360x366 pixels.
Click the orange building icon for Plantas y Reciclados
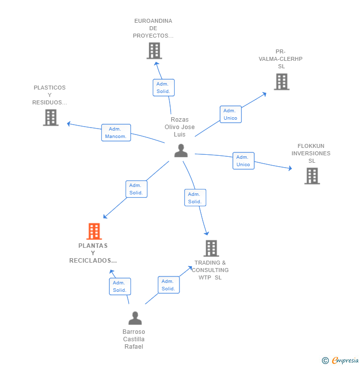coord(94,231)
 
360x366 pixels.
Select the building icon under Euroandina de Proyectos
coord(154,50)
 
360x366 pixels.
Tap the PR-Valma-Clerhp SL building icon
coord(281,82)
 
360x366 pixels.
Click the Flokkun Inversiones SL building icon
coord(312,176)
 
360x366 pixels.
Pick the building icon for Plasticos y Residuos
coord(50,118)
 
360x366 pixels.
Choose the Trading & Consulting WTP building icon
coord(211,248)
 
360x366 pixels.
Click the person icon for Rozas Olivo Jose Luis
coord(181,150)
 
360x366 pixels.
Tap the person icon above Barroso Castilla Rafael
coord(135,318)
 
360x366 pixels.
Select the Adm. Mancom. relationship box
coord(116,133)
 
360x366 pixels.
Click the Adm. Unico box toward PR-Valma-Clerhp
coord(230,114)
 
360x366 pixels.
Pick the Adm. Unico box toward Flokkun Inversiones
coord(243,161)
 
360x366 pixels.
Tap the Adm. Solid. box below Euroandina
coord(164,88)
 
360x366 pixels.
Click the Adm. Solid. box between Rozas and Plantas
coord(136,189)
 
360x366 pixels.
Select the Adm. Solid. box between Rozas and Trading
coord(195,198)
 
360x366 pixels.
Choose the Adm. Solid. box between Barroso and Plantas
coord(120,286)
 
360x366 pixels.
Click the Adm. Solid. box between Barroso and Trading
coord(169,285)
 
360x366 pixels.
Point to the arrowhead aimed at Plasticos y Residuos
coord(69,124)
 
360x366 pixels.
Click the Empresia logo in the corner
coord(340,361)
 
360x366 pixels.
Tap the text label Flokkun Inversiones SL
coord(311,153)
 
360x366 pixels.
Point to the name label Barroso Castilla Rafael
coord(134,339)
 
